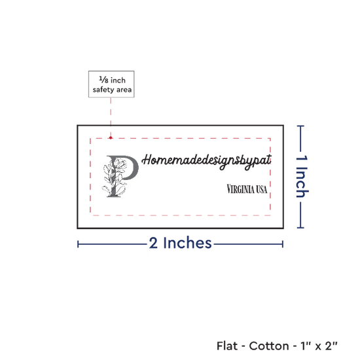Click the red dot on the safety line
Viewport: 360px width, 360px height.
[111, 137]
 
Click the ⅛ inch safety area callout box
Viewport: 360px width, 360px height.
[111, 84]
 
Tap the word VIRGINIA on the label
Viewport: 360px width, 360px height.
[240, 189]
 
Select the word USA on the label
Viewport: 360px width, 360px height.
[262, 189]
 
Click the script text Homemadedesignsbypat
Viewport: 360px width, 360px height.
[207, 161]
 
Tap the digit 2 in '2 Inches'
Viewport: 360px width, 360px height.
[153, 243]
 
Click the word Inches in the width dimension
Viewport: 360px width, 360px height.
[187, 243]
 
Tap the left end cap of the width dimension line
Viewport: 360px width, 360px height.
[78, 244]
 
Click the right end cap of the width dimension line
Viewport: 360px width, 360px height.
[283, 244]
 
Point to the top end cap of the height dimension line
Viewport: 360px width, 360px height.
[300, 126]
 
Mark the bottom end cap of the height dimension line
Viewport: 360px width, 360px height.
[300, 228]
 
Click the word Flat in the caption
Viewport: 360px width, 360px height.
[227, 346]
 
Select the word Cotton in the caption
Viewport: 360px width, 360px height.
[269, 346]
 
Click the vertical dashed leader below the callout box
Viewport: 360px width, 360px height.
[111, 117]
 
